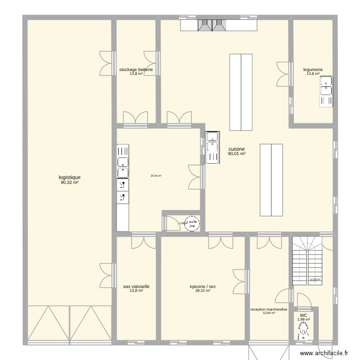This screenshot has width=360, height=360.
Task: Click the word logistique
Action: click(x=70, y=177)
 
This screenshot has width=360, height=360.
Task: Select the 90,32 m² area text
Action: click(x=70, y=182)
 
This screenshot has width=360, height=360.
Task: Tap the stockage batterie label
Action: click(x=136, y=70)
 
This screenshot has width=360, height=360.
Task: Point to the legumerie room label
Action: click(x=313, y=70)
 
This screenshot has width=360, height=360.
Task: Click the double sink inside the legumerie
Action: click(x=326, y=93)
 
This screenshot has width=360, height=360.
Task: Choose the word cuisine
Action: click(x=237, y=149)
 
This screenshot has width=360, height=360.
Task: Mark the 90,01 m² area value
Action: click(x=237, y=154)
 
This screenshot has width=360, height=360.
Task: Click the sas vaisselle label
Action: click(x=136, y=287)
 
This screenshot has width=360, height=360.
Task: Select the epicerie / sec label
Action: click(x=203, y=287)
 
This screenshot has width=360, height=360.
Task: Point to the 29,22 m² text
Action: click(x=203, y=291)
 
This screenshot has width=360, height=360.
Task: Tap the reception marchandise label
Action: click(x=269, y=310)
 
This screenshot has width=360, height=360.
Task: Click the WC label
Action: click(x=303, y=315)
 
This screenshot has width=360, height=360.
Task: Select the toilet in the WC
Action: click(x=303, y=331)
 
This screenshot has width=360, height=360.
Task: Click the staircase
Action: click(x=308, y=262)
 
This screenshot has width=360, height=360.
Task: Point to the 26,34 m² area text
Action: click(x=156, y=176)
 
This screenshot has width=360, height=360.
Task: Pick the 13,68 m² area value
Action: click(x=269, y=313)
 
